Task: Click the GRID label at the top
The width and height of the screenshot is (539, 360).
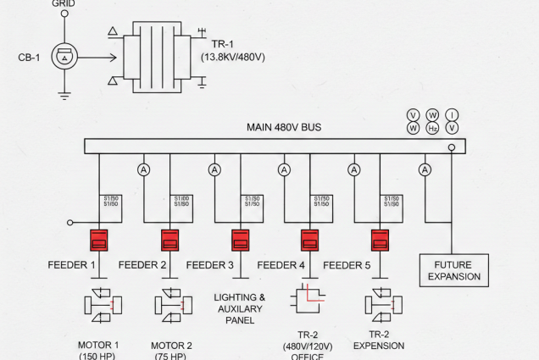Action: coord(63,3)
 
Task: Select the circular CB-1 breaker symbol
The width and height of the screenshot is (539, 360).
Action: coord(64,58)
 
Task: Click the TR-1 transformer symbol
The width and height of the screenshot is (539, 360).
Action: coord(158,58)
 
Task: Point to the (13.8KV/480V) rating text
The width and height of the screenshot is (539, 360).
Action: coord(233,57)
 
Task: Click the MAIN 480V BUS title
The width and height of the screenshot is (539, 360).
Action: coord(284,128)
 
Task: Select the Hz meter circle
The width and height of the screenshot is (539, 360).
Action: coord(432,128)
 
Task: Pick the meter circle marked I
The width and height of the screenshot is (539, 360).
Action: coord(453,114)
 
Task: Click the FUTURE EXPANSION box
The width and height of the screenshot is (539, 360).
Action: coord(454,270)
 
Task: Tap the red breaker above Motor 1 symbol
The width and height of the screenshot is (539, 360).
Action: coord(99,239)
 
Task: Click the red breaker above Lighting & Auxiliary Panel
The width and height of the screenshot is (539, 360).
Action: coord(240,239)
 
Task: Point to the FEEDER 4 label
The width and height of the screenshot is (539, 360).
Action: coord(281,265)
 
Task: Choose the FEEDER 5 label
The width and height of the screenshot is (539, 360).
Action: coord(347,265)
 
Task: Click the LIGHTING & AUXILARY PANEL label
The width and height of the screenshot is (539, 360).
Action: coord(240,309)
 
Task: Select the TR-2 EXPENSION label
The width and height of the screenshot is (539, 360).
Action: coord(379,340)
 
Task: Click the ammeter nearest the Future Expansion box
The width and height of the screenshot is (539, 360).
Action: coord(425,169)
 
